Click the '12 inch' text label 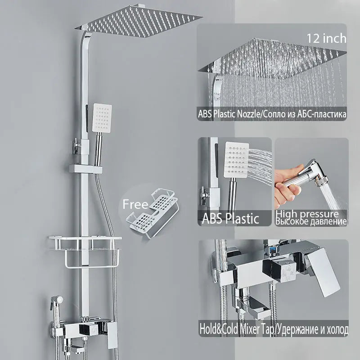tap(326, 38)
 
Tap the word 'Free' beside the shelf tap(135, 204)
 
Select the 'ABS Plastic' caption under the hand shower tap(230, 218)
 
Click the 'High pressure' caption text tap(307, 214)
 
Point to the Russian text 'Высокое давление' tap(311, 221)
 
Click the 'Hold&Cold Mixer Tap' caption tap(237, 329)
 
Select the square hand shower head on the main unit tap(102, 118)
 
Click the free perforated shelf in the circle tap(153, 212)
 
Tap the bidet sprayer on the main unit tap(57, 308)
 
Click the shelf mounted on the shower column tap(85, 243)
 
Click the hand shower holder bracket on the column tap(85, 169)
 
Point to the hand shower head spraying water tap(237, 160)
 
